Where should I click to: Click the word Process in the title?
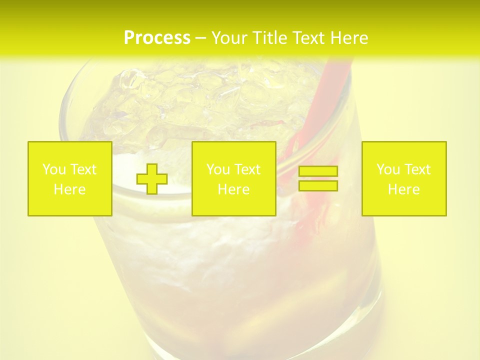coord(157,38)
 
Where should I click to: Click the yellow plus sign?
coord(152,178)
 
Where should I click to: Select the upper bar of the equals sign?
coord(318,171)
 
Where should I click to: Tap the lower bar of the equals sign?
coord(318,185)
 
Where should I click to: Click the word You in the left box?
coord(53,169)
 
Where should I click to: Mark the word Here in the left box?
coord(69,189)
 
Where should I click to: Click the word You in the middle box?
coord(217,169)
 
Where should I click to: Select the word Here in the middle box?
coord(233,189)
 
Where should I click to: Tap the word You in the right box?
coord(387,169)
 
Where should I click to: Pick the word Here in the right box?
coord(403,189)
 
